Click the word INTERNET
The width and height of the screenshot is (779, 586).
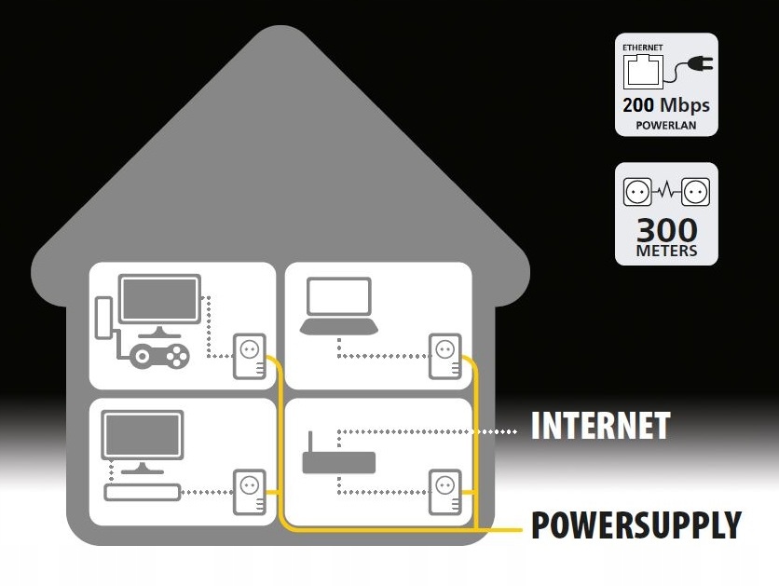[x=600, y=426]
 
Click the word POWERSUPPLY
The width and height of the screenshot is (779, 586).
[x=636, y=525]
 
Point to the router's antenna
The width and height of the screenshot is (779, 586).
[x=308, y=440]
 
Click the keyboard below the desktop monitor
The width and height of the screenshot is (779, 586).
[x=141, y=492]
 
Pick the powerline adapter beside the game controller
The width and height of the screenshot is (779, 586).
[x=249, y=356]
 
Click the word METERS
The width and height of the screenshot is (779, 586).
[x=666, y=251]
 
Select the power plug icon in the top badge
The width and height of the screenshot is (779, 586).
[x=694, y=64]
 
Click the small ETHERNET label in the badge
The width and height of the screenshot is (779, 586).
[x=642, y=47]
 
